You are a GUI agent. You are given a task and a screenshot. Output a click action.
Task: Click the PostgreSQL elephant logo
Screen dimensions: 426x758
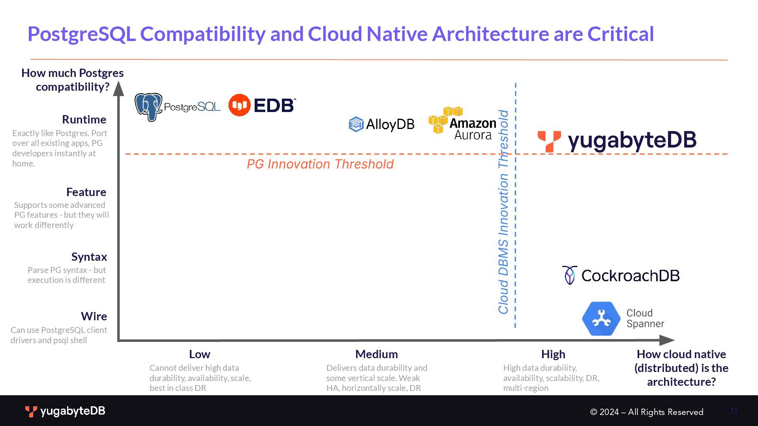[148, 106]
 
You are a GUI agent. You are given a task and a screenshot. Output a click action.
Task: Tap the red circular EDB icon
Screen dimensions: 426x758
[240, 105]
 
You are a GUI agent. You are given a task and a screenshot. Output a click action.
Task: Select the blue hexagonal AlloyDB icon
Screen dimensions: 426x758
[356, 124]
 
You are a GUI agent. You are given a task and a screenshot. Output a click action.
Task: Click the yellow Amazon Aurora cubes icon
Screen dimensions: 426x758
[440, 120]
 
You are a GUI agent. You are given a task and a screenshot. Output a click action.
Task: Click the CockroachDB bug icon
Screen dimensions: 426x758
[570, 275]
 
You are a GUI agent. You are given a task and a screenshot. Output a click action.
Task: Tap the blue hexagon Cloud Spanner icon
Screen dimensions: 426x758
[601, 319]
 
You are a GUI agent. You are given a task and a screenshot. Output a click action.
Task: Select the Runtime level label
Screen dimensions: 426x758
[84, 120]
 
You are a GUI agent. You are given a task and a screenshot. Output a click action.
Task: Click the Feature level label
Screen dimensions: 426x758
[86, 192]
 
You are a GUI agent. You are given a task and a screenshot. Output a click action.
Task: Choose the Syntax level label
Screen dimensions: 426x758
[89, 257]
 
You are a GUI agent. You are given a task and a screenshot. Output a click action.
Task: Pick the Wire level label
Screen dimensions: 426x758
[94, 316]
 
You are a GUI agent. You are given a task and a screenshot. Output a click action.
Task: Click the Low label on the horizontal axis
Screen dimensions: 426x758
[199, 354]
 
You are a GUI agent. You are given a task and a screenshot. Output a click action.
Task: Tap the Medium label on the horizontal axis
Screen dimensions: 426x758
[377, 354]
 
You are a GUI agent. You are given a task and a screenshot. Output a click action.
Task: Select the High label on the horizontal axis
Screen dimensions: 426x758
[553, 354]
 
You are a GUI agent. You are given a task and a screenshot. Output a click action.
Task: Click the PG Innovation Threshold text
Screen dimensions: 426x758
[320, 164]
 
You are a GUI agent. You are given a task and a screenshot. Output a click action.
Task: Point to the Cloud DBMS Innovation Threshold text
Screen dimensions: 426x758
[503, 212]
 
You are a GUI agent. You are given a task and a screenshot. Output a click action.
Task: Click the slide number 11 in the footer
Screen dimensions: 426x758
[734, 411]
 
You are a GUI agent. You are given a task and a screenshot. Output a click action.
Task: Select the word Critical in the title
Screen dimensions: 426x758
[621, 34]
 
